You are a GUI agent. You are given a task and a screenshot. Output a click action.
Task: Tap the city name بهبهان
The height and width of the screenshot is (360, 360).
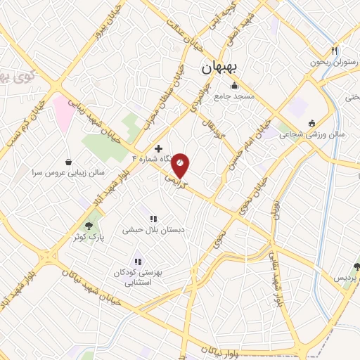221,67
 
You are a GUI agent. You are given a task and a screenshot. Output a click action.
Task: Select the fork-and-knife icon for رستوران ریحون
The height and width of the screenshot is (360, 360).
335,51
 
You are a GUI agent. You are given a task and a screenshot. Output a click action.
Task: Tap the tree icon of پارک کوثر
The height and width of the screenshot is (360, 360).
89,225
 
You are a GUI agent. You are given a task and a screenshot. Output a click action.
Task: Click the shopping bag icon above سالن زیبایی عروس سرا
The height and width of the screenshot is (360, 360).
68,162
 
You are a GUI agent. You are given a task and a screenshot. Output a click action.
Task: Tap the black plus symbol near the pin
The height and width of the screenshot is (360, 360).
159,149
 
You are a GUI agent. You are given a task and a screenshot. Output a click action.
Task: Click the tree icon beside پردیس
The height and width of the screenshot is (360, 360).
356,266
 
